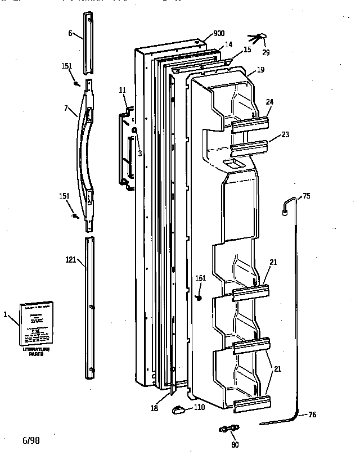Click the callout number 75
click(x=306, y=196)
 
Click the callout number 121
click(x=70, y=259)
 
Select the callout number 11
click(x=123, y=90)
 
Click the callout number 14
click(x=228, y=44)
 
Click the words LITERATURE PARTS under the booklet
click(x=35, y=352)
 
